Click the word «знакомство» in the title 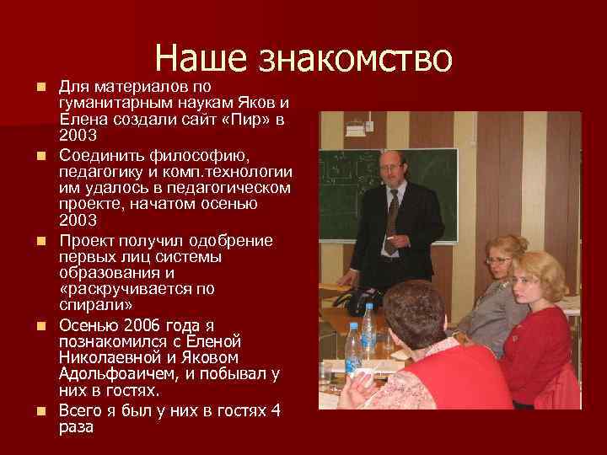pos(356,57)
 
